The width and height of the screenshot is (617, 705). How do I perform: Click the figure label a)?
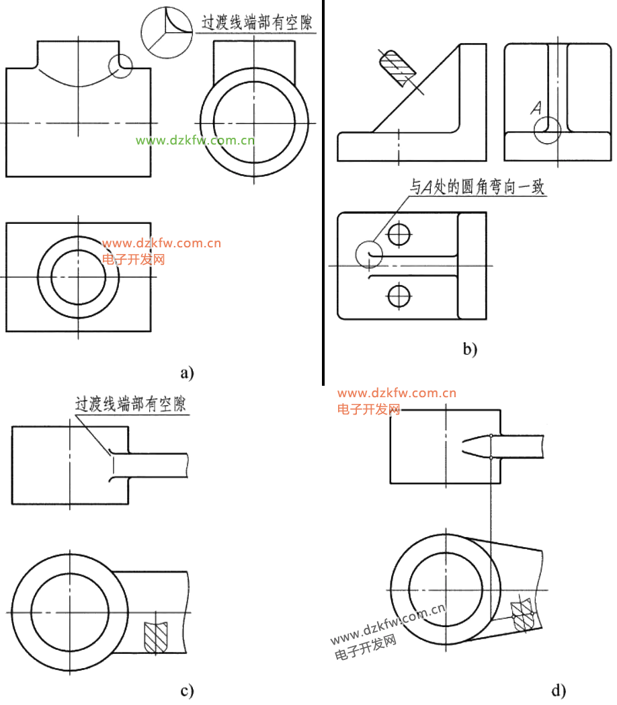pyautogui.click(x=187, y=372)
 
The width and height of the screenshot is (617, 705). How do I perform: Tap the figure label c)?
pyautogui.click(x=187, y=690)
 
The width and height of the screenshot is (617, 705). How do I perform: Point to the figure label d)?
pyautogui.click(x=559, y=690)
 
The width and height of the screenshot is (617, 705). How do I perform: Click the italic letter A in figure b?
pyautogui.click(x=536, y=108)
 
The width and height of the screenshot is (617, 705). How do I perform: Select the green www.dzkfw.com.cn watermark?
pyautogui.click(x=195, y=140)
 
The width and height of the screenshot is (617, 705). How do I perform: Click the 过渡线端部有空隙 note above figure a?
pyautogui.click(x=259, y=22)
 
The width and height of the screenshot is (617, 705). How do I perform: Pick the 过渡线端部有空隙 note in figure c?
pyautogui.click(x=130, y=405)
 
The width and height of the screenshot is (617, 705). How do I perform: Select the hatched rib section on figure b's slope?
pyautogui.click(x=397, y=68)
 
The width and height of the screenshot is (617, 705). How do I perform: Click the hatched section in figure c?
pyautogui.click(x=155, y=635)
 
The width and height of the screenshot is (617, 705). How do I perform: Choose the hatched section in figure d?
pyautogui.click(x=523, y=616)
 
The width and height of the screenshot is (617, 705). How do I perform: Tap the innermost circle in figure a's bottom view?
pyautogui.click(x=78, y=277)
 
